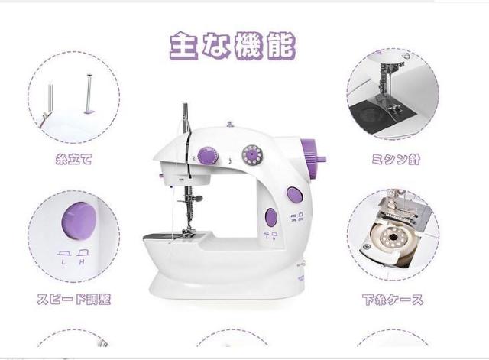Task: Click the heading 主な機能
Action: point(232,46)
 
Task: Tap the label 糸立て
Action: point(74,160)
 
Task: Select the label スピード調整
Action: point(74,299)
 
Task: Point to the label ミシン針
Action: point(396,160)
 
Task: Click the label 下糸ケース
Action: point(393,300)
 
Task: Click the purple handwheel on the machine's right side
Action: point(313,159)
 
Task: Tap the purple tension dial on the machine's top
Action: point(208,155)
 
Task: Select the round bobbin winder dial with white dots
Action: point(253,154)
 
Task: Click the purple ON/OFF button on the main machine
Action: point(295,195)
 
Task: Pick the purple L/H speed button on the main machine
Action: point(271,217)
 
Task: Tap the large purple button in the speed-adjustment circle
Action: point(79,221)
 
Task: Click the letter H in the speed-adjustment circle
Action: point(82,262)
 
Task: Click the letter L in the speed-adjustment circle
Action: point(63,262)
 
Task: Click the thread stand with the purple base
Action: point(89,94)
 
